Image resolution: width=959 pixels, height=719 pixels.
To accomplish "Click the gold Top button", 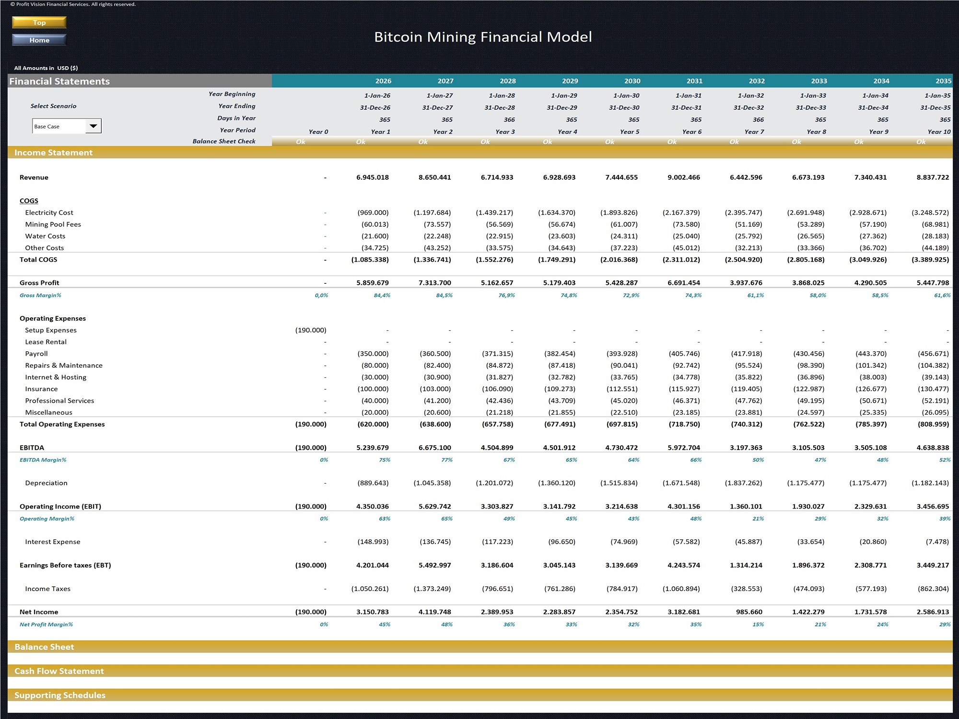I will point(39,23).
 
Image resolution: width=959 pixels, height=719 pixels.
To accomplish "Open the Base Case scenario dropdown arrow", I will point(94,126).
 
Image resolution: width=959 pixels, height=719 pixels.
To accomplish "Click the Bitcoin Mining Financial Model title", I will point(482,37).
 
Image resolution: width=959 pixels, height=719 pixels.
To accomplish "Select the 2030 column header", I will point(632,81).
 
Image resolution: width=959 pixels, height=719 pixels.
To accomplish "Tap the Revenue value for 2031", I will point(683,177).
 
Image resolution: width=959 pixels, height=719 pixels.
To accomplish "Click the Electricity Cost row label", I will point(49,212).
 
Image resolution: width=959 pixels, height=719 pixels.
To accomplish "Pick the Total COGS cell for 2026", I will point(370,260).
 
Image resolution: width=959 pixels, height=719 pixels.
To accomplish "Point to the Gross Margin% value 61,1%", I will point(755,295).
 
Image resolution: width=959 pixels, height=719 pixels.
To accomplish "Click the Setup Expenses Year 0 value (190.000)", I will point(311,330).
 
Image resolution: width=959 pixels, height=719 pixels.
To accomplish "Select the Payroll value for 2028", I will point(497,354).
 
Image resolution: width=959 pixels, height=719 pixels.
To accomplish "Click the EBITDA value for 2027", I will point(434,448).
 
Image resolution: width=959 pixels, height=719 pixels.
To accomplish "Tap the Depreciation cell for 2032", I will point(743,483).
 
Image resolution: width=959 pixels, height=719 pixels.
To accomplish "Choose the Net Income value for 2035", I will point(933,612).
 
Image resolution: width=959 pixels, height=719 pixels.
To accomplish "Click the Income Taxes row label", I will point(47,589).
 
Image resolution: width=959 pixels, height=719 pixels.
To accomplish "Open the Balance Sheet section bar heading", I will point(44,647).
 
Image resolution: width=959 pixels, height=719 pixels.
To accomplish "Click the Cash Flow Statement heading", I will point(59,671).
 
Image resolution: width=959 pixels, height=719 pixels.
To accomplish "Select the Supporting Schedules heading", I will point(60,695).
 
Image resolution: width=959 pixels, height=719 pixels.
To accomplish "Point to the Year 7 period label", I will point(754,132).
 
